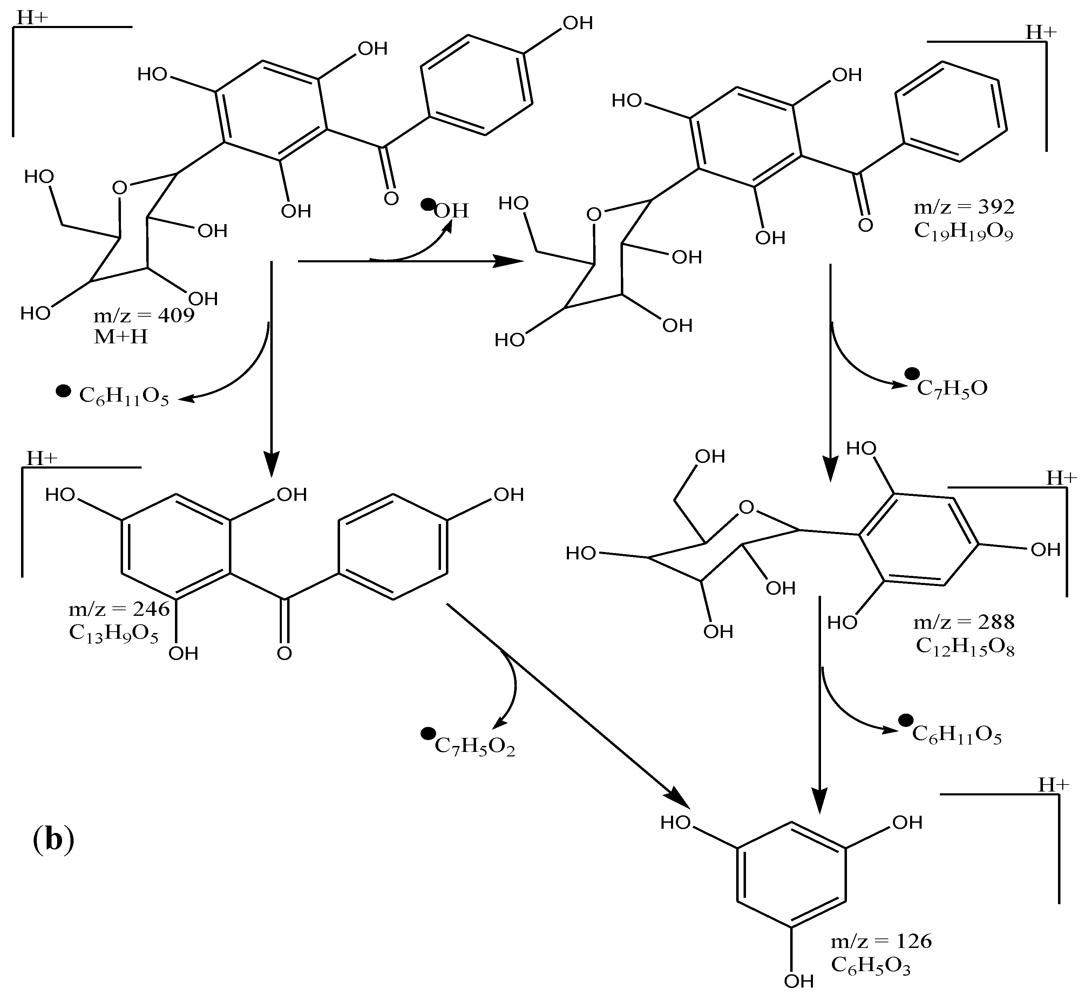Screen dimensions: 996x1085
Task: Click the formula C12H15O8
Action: click(x=965, y=647)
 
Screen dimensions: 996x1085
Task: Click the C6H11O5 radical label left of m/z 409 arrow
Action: click(x=124, y=397)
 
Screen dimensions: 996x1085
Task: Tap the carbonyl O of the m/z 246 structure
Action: click(x=284, y=654)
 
